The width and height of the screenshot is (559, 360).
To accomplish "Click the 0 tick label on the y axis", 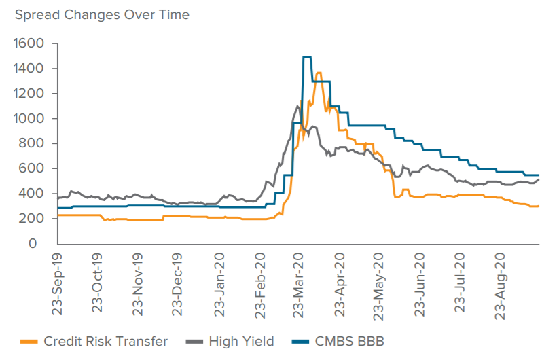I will (41, 244).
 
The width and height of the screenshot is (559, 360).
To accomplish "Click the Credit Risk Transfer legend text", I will (105, 341).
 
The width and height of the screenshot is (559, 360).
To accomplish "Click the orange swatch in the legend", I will (29, 342).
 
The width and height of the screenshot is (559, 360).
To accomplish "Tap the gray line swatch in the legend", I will (194, 342).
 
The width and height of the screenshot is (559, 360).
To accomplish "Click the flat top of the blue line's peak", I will (306, 57).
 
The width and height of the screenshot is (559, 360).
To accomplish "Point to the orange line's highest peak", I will (319, 73).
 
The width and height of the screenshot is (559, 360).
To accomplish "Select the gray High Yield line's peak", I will (297, 106).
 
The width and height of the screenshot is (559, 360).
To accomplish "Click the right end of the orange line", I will (538, 206).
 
